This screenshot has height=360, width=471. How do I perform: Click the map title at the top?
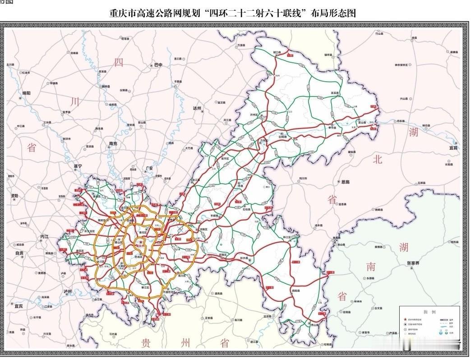pyautogui.click(x=233, y=14)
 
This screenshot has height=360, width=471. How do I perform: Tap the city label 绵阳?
pyautogui.click(x=27, y=93)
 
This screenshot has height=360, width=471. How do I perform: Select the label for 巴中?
pyautogui.click(x=158, y=65)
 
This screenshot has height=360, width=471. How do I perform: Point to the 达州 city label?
pyautogui.click(x=196, y=108)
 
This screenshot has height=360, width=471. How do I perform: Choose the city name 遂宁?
pyautogui.click(x=78, y=166)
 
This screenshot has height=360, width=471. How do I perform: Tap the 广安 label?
pyautogui.click(x=149, y=168)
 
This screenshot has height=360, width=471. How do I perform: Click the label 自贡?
pyautogui.click(x=20, y=253)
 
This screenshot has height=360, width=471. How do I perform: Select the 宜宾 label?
pyautogui.click(x=18, y=306)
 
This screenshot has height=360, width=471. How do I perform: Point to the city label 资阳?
pyautogui.click(x=14, y=196)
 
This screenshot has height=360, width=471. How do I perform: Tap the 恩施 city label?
pyautogui.click(x=345, y=182)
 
